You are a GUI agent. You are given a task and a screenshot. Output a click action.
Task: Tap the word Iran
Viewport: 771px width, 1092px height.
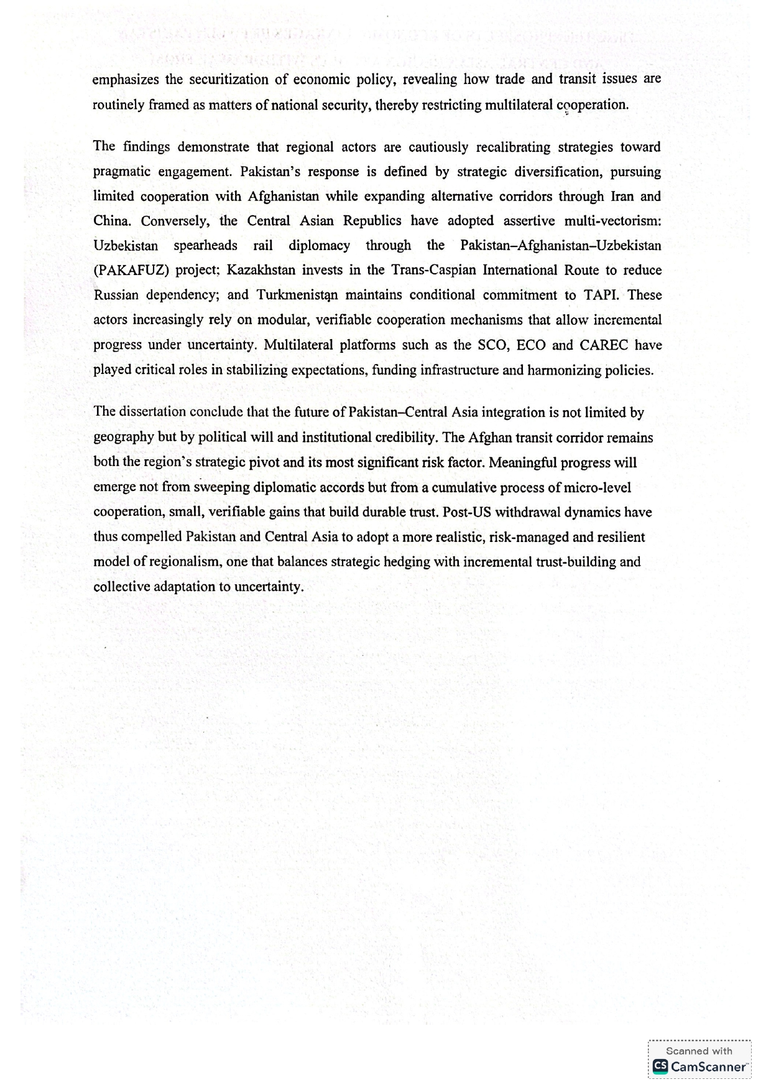(622, 197)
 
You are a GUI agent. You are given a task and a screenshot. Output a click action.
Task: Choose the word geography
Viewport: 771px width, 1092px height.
(124, 437)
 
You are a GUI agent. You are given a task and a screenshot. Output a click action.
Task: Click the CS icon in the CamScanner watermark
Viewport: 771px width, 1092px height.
(660, 1066)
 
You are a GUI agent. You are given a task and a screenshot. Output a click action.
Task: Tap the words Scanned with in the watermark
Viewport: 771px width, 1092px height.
(699, 1051)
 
